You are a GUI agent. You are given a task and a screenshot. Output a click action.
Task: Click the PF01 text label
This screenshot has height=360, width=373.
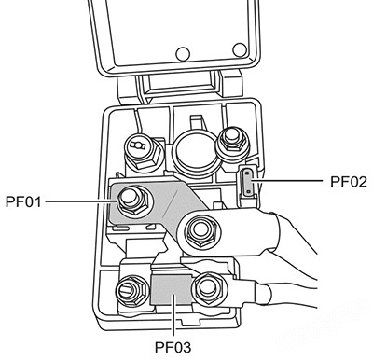(x=23, y=201)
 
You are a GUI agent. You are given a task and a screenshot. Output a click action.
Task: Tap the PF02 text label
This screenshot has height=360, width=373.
(x=349, y=182)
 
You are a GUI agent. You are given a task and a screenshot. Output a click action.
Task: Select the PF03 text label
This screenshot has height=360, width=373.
(x=173, y=347)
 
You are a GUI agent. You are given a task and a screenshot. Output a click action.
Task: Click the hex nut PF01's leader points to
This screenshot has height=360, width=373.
(x=133, y=201)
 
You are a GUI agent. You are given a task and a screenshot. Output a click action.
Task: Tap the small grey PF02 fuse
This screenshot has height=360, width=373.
(x=248, y=182)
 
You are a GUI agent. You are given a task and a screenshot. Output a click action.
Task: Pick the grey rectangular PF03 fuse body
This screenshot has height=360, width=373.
(x=171, y=289)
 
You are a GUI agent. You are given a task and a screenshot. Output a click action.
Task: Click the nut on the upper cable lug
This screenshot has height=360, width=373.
(x=202, y=231)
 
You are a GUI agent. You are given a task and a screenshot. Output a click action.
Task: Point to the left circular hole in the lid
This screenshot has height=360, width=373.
(x=183, y=54)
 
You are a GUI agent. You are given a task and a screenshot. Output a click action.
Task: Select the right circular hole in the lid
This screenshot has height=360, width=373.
(x=240, y=49)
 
